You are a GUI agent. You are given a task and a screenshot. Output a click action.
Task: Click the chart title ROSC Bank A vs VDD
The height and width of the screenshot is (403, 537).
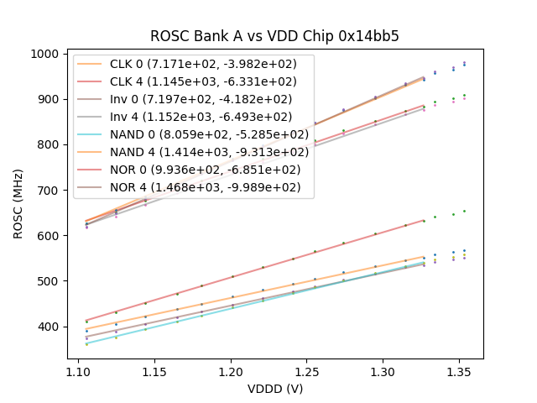coord(274,36)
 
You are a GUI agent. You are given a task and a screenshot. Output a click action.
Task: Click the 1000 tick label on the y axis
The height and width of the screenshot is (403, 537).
coord(46,54)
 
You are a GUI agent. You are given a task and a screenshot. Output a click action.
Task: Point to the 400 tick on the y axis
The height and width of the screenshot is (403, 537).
coord(50,327)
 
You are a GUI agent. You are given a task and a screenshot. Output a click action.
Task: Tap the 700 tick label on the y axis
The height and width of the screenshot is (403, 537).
coord(50,191)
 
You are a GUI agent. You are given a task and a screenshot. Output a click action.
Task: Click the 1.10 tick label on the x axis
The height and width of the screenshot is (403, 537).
coord(78,370)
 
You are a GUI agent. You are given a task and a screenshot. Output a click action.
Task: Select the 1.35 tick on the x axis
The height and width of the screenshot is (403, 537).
coord(460,370)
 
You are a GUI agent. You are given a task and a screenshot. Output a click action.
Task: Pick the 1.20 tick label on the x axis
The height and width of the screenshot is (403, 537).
coord(231,370)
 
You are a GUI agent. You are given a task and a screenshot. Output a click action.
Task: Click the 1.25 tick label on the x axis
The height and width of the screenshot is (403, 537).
coord(307,370)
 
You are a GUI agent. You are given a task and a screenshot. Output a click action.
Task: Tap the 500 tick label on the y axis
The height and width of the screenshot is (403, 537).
coord(50,281)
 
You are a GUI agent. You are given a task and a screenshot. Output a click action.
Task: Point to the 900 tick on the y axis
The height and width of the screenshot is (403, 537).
coord(50,99)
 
